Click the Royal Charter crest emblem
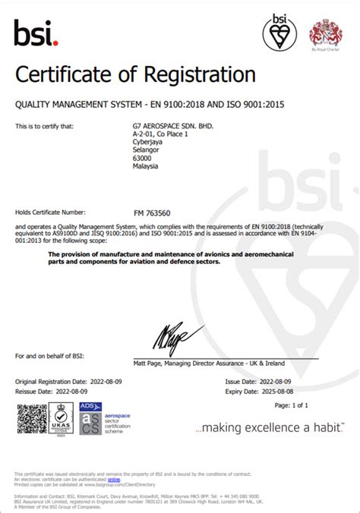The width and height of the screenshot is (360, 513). click(325, 33)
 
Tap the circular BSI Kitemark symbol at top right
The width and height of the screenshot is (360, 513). click(280, 33)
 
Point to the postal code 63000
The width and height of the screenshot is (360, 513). click(143, 159)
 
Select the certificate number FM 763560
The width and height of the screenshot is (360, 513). click(153, 213)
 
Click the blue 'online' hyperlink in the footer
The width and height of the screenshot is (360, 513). click(113, 480)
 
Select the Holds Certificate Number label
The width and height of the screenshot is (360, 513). click(50, 213)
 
